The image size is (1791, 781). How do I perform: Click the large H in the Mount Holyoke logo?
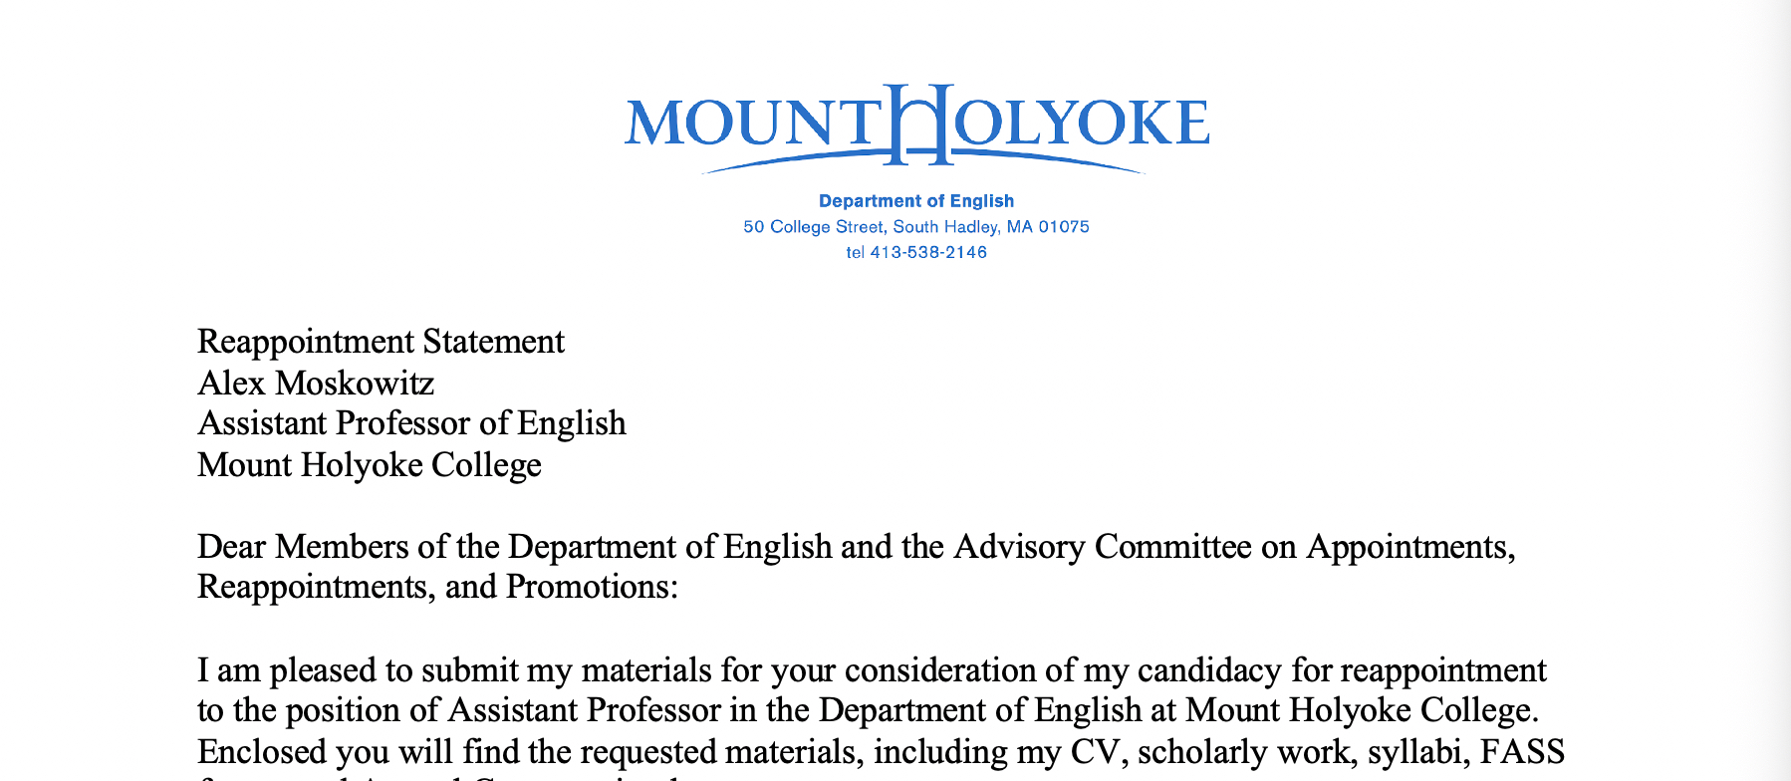915,125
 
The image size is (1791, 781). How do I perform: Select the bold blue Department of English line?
915,201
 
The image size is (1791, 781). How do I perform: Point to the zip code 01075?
1064,227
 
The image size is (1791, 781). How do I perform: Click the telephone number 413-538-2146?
928,253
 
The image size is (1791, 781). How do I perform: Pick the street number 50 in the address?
753,227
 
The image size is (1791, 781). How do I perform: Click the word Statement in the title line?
493,342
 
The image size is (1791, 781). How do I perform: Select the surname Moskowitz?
355,383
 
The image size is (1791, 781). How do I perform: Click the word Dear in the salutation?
232,547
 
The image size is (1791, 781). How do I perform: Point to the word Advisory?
1019,547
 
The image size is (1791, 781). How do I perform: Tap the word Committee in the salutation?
1172,547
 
